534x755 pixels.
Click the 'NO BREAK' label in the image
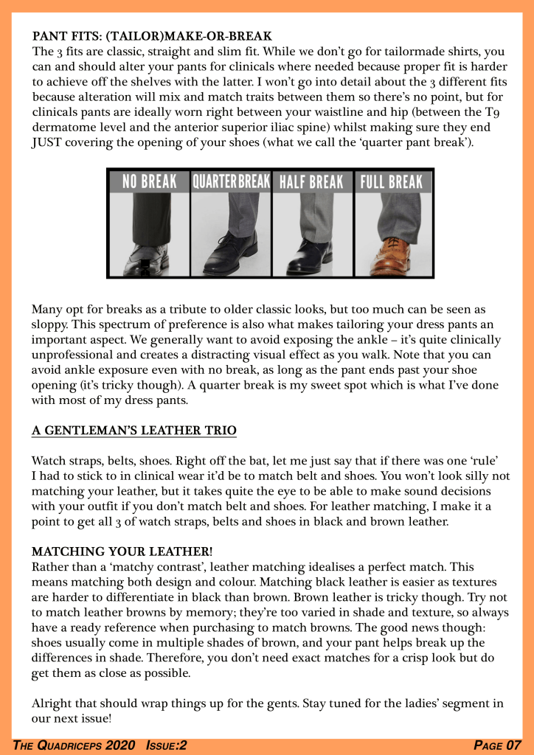click(x=149, y=181)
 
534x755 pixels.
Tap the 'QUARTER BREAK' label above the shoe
click(x=230, y=181)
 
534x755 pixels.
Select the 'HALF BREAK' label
click(x=311, y=181)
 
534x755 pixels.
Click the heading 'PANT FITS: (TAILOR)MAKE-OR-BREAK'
click(x=153, y=35)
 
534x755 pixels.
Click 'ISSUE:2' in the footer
click(x=166, y=745)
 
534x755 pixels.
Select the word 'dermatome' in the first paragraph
click(x=65, y=129)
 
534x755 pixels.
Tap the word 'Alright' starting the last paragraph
click(x=52, y=702)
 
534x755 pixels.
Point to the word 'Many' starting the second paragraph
click(x=48, y=310)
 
